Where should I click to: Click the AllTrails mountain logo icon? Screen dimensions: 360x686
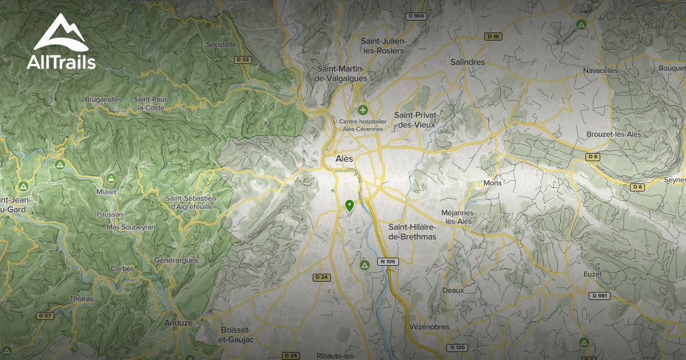(61, 33)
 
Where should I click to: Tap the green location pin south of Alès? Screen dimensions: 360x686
(350, 205)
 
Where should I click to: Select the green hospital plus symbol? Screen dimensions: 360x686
(362, 109)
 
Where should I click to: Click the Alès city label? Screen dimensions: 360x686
(344, 158)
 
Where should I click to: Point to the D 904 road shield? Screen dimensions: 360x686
(416, 16)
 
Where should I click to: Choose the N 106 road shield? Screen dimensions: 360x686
(387, 262)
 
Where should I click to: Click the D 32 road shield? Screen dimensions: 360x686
(243, 59)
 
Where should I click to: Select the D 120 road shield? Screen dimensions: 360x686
(458, 347)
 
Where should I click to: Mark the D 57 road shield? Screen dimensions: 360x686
(45, 315)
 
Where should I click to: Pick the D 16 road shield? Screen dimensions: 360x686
(493, 37)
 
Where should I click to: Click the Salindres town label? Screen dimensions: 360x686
(467, 62)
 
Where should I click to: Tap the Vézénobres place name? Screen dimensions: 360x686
(429, 327)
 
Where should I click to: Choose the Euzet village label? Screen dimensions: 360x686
(593, 274)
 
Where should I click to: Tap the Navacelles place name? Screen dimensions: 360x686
(601, 70)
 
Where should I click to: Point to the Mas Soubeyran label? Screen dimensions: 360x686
(131, 227)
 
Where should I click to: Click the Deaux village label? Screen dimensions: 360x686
(453, 290)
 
